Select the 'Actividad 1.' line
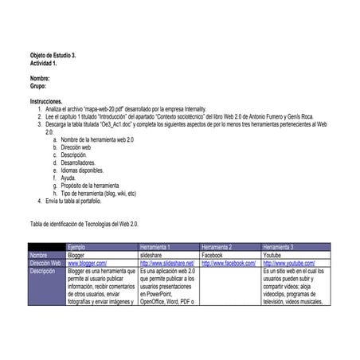[x=43, y=63]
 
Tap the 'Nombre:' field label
[x=40, y=79]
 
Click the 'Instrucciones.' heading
[x=47, y=102]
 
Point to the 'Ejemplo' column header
[x=77, y=247]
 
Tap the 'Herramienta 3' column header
[x=279, y=247]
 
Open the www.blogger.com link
[x=87, y=262]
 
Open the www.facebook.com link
[x=229, y=262]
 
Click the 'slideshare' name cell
[x=151, y=254]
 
